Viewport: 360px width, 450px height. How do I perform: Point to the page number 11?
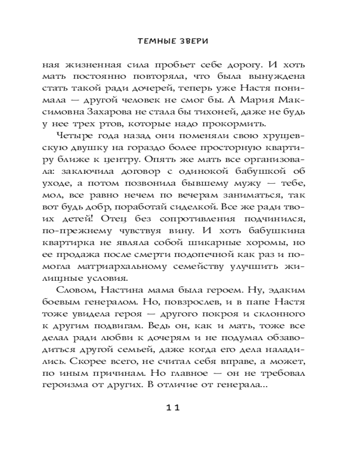pos(173,408)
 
